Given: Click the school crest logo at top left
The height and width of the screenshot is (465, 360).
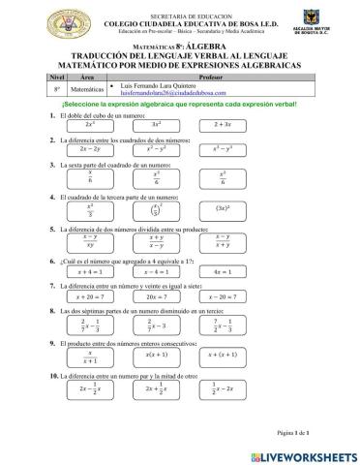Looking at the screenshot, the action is tap(46, 20).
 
